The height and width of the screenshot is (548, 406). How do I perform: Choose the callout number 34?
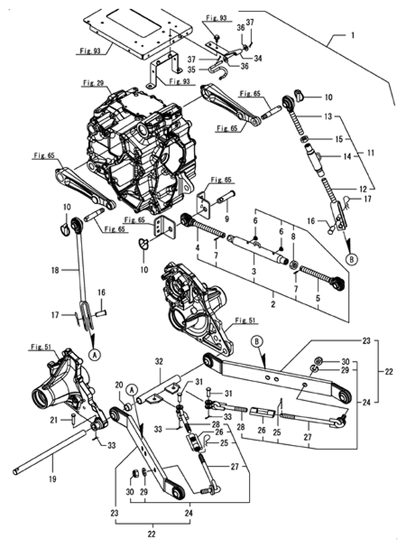[x=258, y=58]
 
